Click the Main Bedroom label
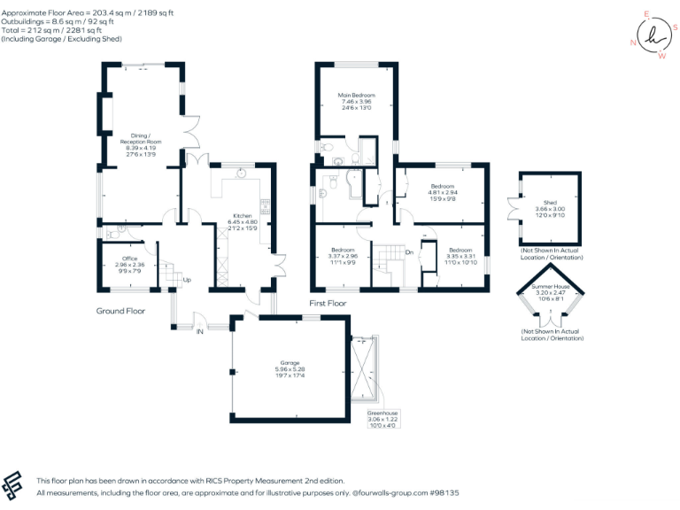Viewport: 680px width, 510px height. pos(356,96)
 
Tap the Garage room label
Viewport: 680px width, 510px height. pos(290,363)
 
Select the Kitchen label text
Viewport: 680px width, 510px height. pos(243,215)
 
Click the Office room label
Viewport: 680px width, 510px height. pos(129,259)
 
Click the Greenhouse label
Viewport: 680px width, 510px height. pos(383,413)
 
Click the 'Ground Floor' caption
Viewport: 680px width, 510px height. pos(120,311)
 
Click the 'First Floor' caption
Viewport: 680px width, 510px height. pos(328,304)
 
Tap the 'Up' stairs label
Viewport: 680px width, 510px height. pos(187,281)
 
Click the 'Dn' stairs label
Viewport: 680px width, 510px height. pos(409,253)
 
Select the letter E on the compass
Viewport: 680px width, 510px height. pos(647,15)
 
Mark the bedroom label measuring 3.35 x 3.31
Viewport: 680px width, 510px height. pos(461,251)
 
